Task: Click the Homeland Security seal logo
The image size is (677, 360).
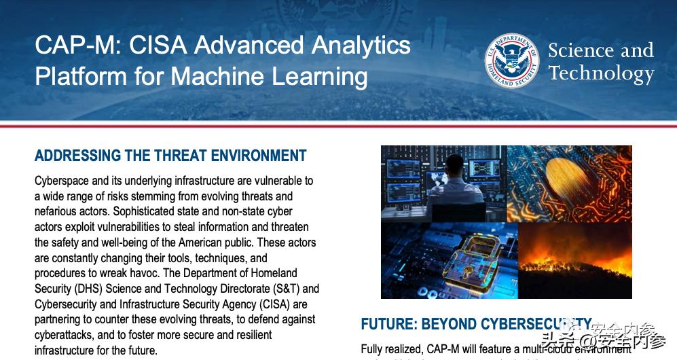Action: click(512, 61)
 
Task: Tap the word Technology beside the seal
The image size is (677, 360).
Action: click(600, 73)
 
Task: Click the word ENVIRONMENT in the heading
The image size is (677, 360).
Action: click(259, 156)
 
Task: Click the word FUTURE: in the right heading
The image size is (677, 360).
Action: click(388, 324)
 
